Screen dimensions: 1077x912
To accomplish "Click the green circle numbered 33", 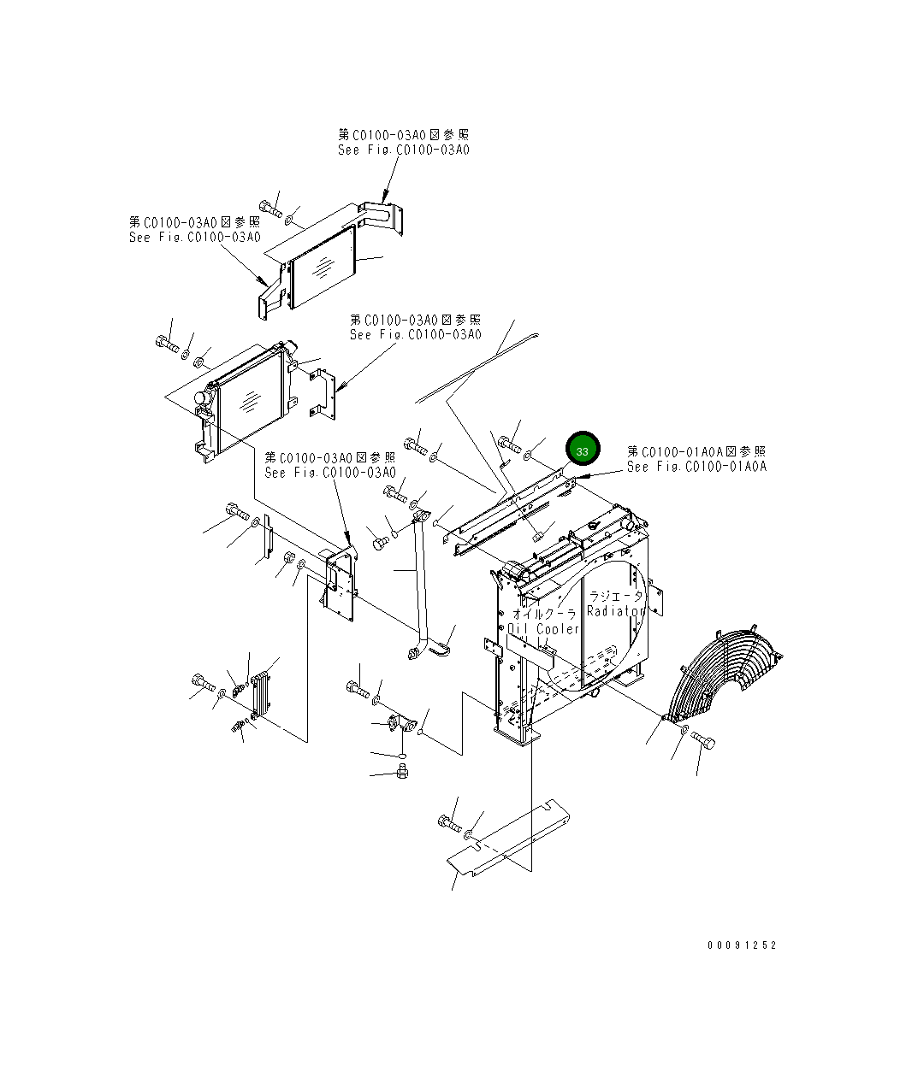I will [x=583, y=450].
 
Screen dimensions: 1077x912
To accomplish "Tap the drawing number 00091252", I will [x=742, y=945].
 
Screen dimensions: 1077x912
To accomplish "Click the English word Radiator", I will [x=616, y=611].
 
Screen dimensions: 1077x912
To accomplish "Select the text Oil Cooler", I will [x=543, y=629].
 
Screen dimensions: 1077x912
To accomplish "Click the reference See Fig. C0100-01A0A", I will [x=696, y=467].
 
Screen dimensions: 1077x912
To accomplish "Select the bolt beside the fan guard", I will [x=703, y=739].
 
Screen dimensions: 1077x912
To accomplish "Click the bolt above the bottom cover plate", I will [x=448, y=823].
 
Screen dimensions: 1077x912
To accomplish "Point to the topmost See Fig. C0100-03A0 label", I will [x=403, y=150].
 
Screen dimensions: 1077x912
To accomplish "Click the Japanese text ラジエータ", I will [x=616, y=597].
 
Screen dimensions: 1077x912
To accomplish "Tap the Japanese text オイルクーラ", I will [x=544, y=614].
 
